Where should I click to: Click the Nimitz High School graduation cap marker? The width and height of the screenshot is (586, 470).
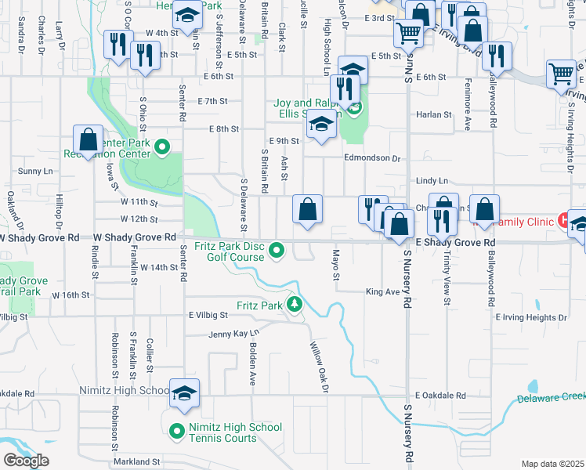pyautogui.click(x=184, y=392)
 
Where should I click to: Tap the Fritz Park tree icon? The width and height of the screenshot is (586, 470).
pyautogui.click(x=294, y=304)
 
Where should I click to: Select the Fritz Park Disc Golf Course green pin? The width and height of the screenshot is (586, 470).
pyautogui.click(x=276, y=251)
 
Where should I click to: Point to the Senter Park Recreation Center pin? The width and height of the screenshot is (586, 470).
pyautogui.click(x=162, y=146)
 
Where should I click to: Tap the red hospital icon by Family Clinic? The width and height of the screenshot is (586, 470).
pyautogui.click(x=562, y=220)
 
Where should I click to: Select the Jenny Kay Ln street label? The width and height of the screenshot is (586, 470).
pyautogui.click(x=233, y=334)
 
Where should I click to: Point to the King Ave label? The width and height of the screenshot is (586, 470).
pyautogui.click(x=382, y=291)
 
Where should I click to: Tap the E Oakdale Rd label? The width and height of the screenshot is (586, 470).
pyautogui.click(x=440, y=396)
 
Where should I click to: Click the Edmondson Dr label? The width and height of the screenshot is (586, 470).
pyautogui.click(x=372, y=157)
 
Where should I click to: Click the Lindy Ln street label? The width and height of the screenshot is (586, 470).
pyautogui.click(x=432, y=180)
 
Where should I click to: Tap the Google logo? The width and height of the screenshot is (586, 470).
pyautogui.click(x=26, y=460)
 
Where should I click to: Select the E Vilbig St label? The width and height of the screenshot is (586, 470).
pyautogui.click(x=207, y=314)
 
